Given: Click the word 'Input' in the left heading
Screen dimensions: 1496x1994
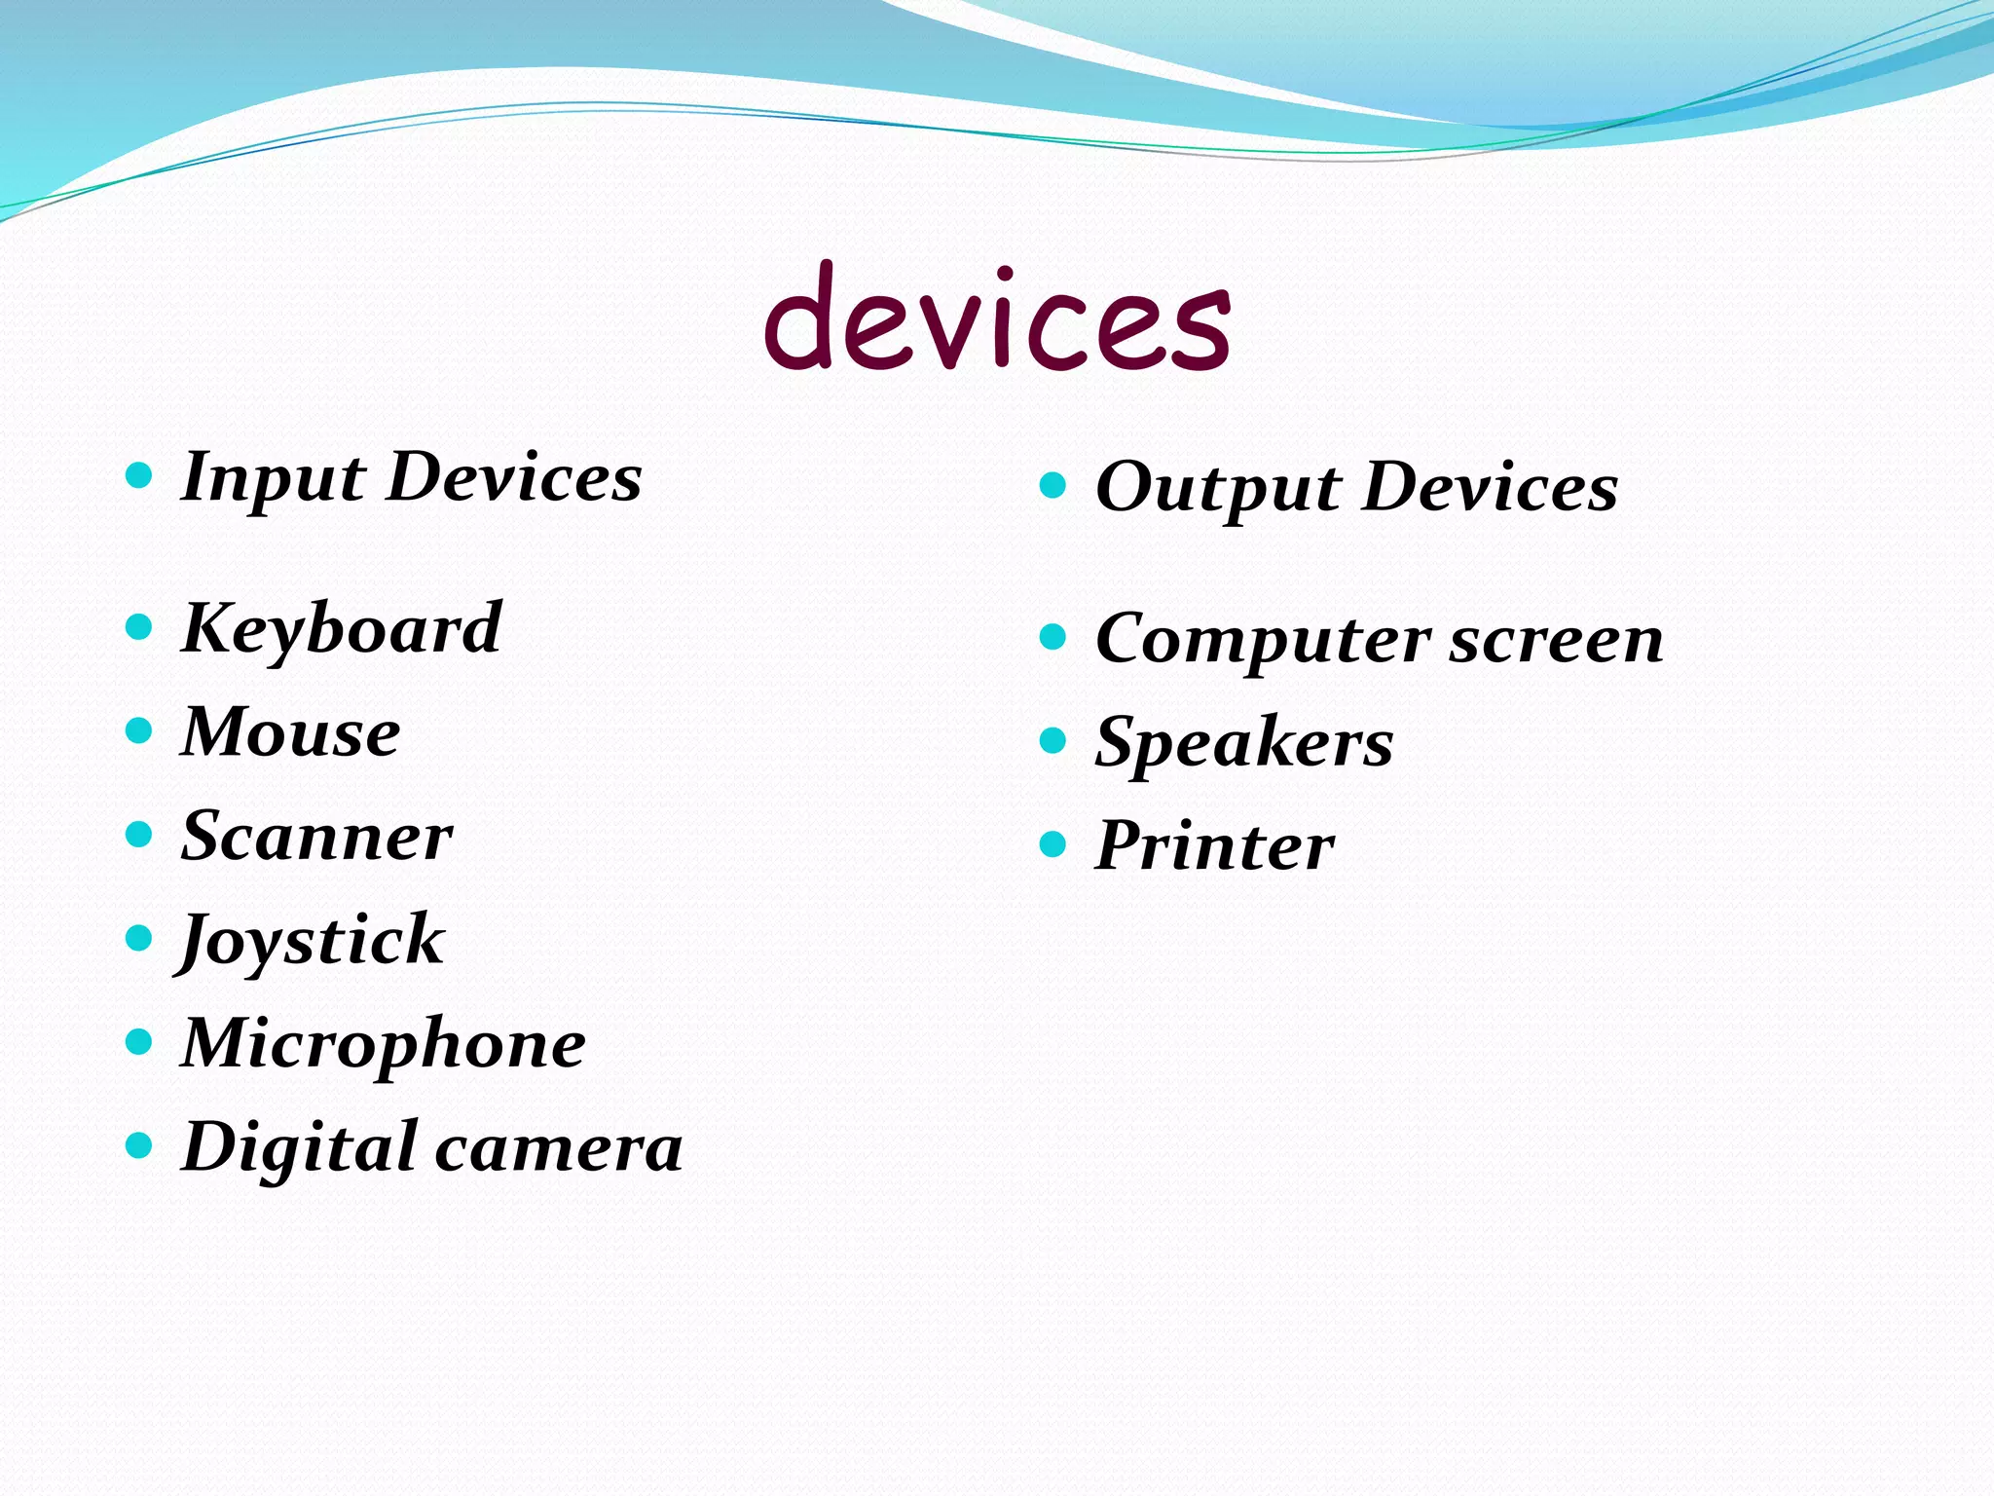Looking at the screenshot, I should click(274, 478).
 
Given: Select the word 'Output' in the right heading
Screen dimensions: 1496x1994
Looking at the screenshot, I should click(1218, 488).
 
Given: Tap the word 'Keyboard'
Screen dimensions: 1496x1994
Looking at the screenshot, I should click(342, 629).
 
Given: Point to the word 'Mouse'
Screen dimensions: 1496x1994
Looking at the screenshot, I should click(290, 732).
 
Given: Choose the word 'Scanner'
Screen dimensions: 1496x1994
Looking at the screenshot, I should click(316, 837).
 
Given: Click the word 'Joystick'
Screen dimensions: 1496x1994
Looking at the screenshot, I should click(312, 941).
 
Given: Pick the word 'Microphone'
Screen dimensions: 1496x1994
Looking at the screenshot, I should click(384, 1044).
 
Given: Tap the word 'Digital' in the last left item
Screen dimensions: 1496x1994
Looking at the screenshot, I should click(299, 1147).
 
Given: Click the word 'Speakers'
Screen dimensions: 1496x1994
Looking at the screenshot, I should click(1244, 744).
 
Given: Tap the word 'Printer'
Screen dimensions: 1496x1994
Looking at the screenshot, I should click(1214, 845).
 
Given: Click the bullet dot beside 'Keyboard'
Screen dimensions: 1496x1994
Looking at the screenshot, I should click(140, 626).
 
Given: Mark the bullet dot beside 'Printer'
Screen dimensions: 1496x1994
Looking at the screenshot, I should click(1053, 843).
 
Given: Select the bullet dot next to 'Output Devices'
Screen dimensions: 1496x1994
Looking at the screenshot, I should click(1053, 484).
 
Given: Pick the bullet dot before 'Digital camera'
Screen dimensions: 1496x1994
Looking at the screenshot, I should click(140, 1145).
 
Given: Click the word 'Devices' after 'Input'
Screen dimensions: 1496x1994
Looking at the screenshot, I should click(514, 478).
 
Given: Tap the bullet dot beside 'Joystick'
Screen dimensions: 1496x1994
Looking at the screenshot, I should click(140, 938).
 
